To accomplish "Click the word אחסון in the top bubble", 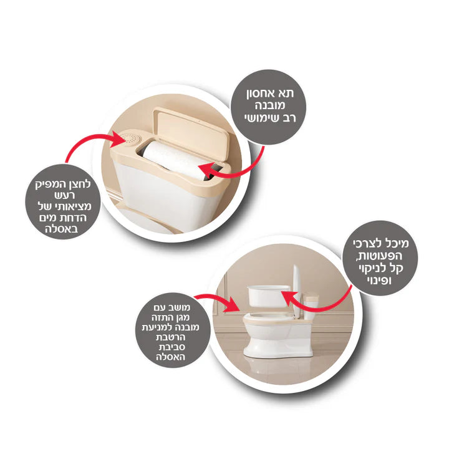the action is click(x=261, y=94).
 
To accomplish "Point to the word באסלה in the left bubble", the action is click(x=61, y=229).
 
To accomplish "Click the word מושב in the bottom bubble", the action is click(x=178, y=308).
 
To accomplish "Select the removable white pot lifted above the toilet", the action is click(x=269, y=296).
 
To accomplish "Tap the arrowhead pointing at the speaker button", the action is click(x=120, y=140).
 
